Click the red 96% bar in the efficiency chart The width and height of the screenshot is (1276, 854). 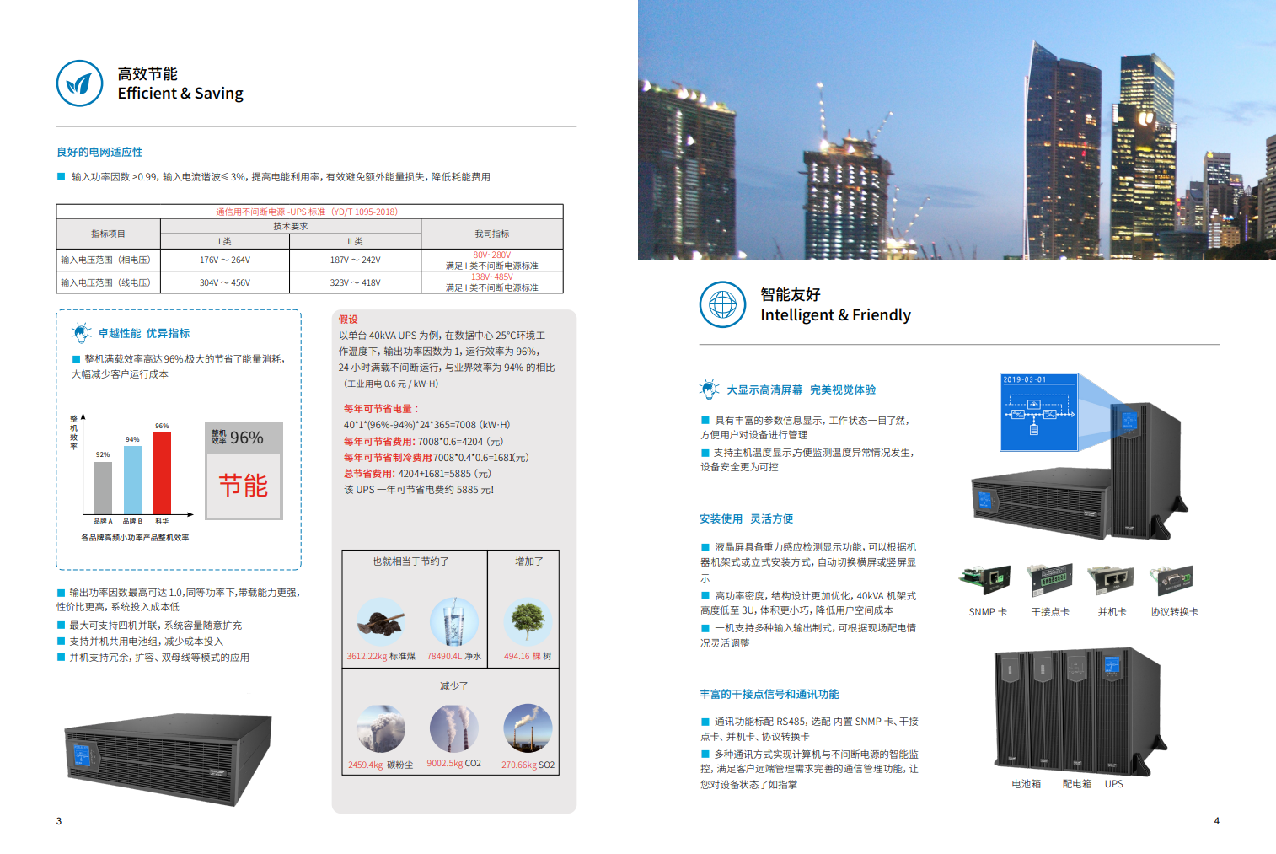(162, 472)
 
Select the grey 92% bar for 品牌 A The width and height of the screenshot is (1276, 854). (103, 487)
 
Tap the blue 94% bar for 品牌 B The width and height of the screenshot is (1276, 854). (132, 479)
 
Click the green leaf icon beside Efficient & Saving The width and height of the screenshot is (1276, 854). (79, 83)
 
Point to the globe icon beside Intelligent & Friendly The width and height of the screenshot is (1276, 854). (722, 304)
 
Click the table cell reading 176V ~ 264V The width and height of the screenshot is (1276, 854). (224, 260)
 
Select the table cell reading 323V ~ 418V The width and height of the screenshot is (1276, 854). (355, 282)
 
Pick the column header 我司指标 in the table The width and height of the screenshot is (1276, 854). (491, 234)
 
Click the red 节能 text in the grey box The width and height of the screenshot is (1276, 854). (244, 486)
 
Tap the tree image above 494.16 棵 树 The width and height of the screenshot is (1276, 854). (528, 622)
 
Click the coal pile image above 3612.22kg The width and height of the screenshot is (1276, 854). (381, 622)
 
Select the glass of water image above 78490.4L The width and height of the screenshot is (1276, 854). (453, 622)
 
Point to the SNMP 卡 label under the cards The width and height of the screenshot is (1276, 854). (988, 612)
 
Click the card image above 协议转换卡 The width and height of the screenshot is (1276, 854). (1172, 579)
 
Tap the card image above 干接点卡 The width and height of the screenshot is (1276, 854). (1050, 579)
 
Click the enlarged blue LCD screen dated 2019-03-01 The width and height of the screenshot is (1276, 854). (1038, 412)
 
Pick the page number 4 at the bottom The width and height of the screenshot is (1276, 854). (1216, 821)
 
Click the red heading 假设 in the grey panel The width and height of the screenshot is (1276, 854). (348, 320)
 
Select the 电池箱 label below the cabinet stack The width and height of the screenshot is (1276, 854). (1026, 784)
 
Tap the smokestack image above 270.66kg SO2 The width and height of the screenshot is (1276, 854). (528, 728)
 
